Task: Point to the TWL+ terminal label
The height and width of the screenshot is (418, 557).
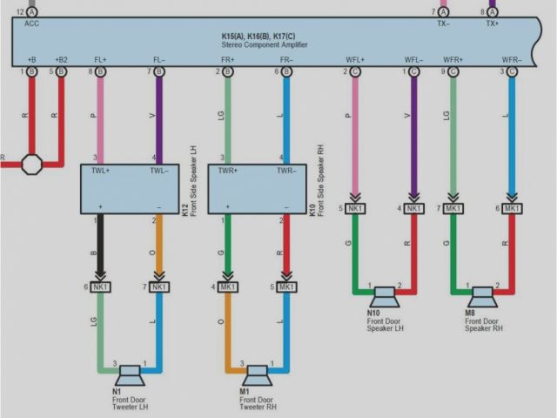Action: click(x=100, y=172)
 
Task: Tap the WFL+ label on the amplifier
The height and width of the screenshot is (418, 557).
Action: click(x=355, y=59)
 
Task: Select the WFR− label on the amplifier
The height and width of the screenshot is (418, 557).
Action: click(x=512, y=59)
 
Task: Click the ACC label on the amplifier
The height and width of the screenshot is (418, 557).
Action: click(x=32, y=24)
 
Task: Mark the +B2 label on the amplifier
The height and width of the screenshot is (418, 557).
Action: click(x=61, y=59)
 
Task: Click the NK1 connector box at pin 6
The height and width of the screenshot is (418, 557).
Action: click(x=101, y=287)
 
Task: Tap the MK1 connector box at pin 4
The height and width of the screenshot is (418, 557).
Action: click(x=228, y=287)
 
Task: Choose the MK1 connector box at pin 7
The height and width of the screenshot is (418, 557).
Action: click(x=453, y=208)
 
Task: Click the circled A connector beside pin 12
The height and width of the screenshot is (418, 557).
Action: click(x=32, y=12)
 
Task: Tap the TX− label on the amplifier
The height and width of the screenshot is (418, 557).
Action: click(x=443, y=24)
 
